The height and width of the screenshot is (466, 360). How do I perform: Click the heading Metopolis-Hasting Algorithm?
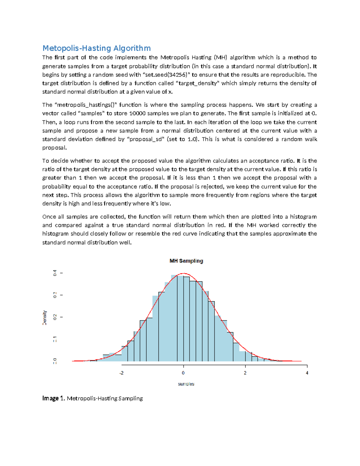click(96, 48)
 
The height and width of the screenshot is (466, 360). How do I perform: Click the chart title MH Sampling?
click(186, 261)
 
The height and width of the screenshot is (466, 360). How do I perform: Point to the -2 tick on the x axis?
click(121, 373)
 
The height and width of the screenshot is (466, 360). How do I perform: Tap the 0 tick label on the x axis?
click(183, 373)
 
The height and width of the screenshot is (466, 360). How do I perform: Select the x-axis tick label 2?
click(245, 373)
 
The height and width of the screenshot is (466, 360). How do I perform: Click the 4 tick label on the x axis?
click(307, 373)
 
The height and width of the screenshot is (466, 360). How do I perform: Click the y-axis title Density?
click(45, 317)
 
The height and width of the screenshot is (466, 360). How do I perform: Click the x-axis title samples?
click(186, 384)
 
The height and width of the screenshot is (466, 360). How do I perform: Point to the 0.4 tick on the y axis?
click(55, 273)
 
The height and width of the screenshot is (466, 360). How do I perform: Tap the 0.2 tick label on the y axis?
click(55, 317)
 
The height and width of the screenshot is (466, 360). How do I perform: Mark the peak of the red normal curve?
click(184, 273)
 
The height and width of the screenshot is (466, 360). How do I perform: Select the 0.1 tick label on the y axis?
click(55, 339)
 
